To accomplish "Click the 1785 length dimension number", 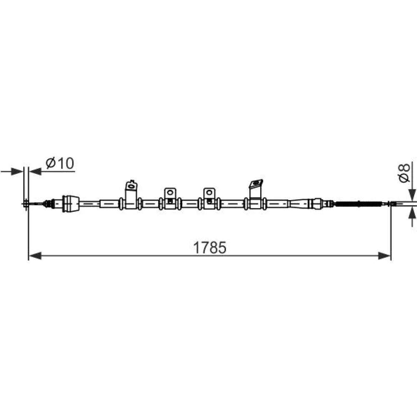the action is [210, 248].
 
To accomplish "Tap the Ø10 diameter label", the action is [60, 163].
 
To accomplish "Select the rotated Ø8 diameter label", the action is [404, 173].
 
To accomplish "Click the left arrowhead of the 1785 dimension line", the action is [35, 256].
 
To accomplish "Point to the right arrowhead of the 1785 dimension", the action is [384, 256].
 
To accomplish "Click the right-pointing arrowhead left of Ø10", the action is [17, 171].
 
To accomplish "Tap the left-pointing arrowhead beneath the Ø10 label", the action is [35, 171].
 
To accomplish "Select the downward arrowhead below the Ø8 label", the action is [412, 195].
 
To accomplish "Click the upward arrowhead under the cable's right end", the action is [412, 213].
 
